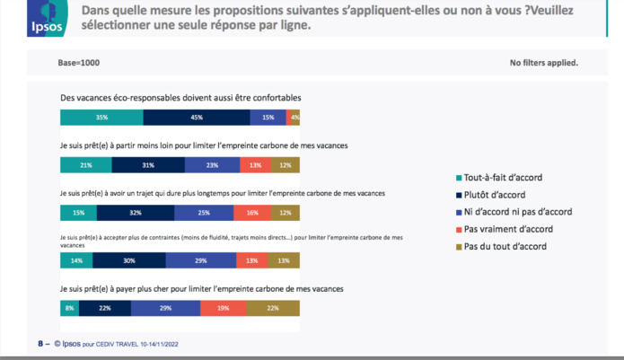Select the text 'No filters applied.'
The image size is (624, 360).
(543, 63)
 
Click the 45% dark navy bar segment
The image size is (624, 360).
(197, 118)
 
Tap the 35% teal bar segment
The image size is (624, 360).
(101, 118)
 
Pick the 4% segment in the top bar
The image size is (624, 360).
(294, 118)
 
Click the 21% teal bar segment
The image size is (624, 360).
(85, 165)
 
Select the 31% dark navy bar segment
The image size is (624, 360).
(148, 165)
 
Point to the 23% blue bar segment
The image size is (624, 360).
(213, 165)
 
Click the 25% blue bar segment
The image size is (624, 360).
(204, 213)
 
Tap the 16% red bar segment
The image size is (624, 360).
(251, 213)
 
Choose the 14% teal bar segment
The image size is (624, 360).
(76, 260)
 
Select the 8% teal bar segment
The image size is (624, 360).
(69, 308)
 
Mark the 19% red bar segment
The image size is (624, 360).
(223, 308)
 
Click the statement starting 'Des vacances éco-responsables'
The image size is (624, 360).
(180, 96)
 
